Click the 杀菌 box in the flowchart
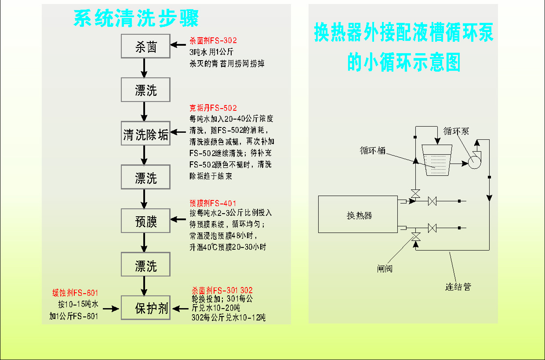click(145, 46)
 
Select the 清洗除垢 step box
click(145, 134)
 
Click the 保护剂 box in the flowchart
click(145, 308)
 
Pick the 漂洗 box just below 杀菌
click(145, 90)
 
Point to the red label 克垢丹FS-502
click(213, 108)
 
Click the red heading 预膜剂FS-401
click(213, 203)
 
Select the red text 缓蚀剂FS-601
click(75, 293)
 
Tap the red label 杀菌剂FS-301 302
click(222, 291)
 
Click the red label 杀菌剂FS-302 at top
click(213, 40)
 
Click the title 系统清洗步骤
click(136, 18)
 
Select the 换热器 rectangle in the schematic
click(359, 215)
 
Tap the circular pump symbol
click(474, 162)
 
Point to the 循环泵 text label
click(456, 131)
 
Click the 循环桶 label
click(373, 150)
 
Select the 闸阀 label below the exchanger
click(384, 268)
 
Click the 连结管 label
click(458, 287)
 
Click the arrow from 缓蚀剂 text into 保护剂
click(113, 309)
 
